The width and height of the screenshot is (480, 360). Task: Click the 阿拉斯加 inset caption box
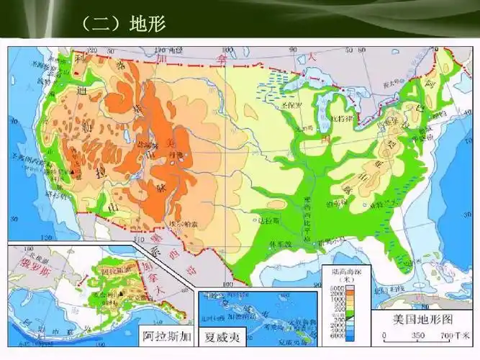(x=166, y=336)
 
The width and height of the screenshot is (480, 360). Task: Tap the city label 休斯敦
(x=279, y=244)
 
